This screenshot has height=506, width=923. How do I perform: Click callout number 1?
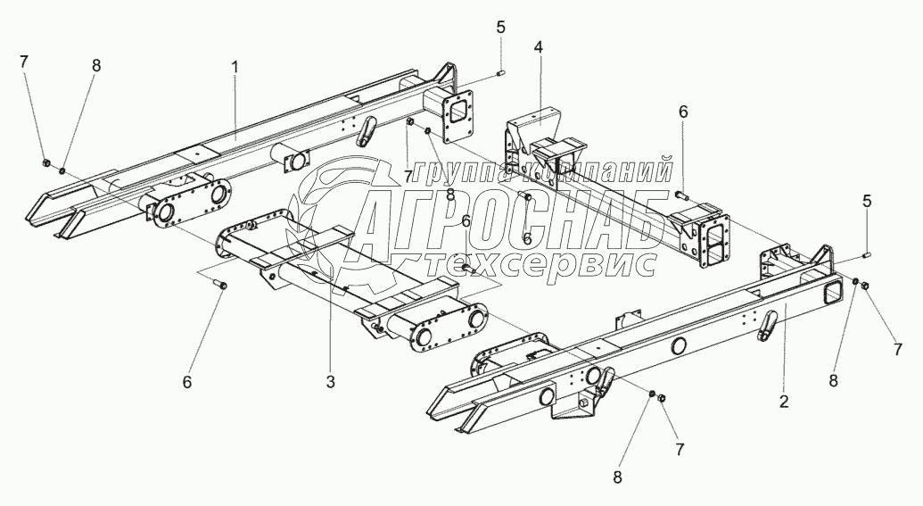(235, 67)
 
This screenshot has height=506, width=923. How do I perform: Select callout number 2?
(784, 402)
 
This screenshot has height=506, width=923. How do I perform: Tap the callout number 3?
(330, 382)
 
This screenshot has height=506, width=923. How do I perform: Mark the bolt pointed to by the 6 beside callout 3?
(223, 285)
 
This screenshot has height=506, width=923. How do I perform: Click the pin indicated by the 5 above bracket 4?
(501, 72)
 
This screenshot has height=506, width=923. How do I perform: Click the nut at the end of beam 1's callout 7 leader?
(45, 162)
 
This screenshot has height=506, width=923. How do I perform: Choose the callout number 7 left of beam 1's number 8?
(24, 62)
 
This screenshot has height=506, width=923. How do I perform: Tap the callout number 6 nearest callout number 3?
(187, 381)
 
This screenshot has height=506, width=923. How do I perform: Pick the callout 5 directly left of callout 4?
(501, 26)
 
